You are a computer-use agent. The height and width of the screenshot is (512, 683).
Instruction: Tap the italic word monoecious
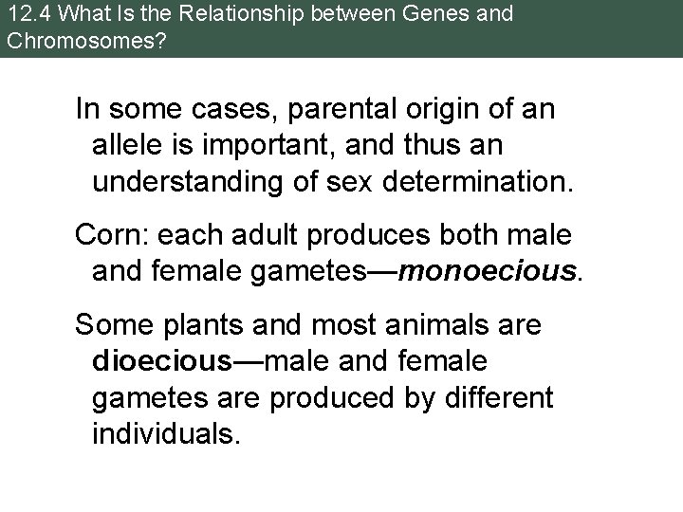pyautogui.click(x=489, y=273)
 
